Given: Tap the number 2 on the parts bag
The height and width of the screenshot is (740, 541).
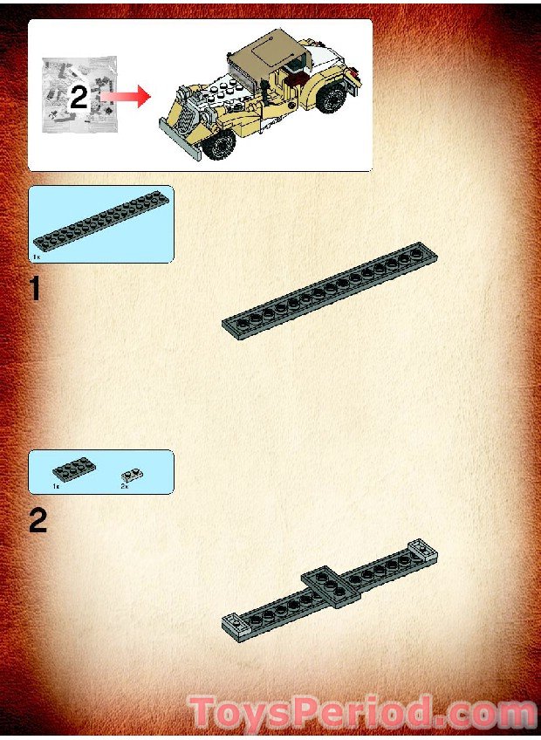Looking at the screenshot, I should coord(79,97).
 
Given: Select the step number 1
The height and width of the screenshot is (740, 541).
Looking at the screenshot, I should coord(35,289).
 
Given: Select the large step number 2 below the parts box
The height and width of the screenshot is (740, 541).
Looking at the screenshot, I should coord(38,522).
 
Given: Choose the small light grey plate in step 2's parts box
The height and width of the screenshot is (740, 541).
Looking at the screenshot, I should coord(133,475).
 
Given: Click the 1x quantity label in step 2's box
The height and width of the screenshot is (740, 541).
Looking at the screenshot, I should coord(55,485).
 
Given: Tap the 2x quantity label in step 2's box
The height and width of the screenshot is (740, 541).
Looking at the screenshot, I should coord(124,486).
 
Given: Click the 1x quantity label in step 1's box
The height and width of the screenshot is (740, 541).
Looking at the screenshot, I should coord(36,257).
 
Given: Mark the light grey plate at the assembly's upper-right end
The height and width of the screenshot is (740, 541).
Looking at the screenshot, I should coord(421,551).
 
